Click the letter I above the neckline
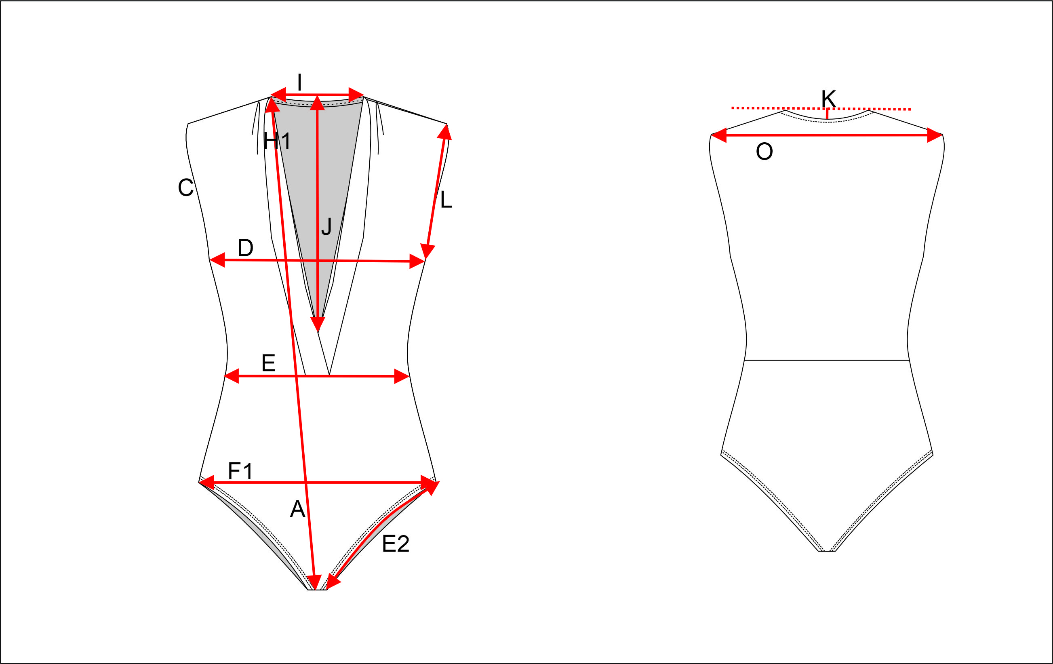299,82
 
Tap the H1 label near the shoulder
276,141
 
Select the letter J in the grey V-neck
326,227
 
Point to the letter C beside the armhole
185,188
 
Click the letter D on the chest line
245,248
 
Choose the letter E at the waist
268,363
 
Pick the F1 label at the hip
240,472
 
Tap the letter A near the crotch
297,509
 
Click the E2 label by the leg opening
395,544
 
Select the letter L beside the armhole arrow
446,200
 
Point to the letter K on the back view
828,99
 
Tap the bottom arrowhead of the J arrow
318,324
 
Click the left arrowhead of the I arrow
278,94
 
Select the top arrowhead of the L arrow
445,132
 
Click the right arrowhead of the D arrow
417,261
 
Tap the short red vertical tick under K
827,114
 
